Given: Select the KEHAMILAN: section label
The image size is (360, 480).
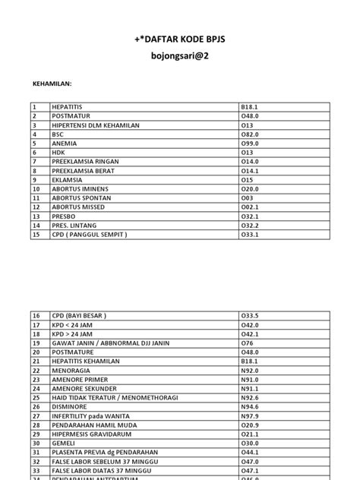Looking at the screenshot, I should pos(56,86).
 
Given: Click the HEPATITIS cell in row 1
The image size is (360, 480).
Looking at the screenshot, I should pos(68,108).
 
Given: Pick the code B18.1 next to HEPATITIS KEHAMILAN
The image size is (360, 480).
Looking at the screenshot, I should pos(251,363).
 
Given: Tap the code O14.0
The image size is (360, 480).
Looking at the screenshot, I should pos(251,161).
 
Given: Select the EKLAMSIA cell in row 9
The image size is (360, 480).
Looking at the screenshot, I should pos(67,179).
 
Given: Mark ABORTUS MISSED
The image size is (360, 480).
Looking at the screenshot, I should pos(79,207).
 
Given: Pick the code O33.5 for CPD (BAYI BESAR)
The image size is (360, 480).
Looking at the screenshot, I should pos(251,316).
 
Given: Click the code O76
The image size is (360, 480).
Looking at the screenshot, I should pos(247,344).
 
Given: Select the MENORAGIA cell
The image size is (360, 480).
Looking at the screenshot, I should pos(71,372).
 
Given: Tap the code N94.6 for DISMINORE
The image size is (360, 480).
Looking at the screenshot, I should pos(251,409).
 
